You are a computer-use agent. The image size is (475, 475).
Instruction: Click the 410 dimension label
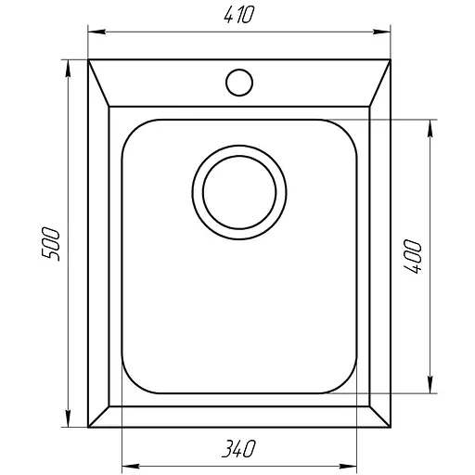(x=238, y=15)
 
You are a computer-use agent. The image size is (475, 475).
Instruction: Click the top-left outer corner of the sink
(x=89, y=60)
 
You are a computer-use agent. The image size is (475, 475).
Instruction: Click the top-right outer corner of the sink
(x=388, y=60)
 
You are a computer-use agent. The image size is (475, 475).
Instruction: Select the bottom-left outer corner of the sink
(x=89, y=427)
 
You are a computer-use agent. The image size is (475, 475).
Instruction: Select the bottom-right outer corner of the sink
(x=388, y=427)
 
